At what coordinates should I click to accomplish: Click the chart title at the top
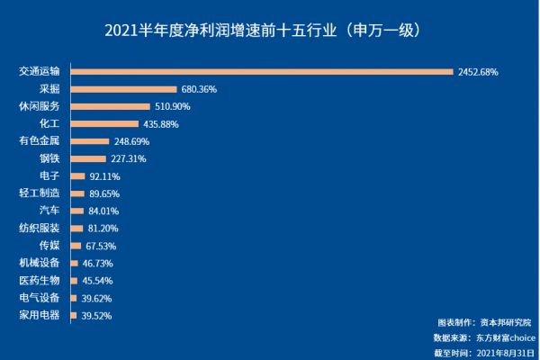[x=269, y=30]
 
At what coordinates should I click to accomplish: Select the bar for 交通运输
[x=261, y=71]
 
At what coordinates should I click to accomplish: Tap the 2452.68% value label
[x=478, y=71]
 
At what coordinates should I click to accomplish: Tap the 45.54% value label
[x=98, y=281]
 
